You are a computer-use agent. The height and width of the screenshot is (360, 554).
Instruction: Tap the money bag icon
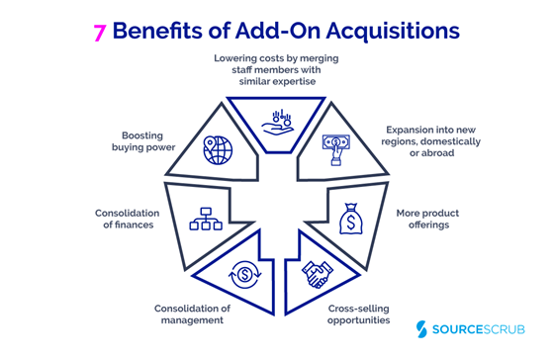pyautogui.click(x=353, y=218)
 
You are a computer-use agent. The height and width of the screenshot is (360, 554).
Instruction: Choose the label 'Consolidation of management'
pyautogui.click(x=192, y=315)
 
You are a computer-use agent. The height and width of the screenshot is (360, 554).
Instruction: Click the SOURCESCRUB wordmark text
pyautogui.click(x=484, y=329)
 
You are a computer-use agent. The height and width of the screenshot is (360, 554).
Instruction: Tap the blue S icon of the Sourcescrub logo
pyautogui.click(x=427, y=329)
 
